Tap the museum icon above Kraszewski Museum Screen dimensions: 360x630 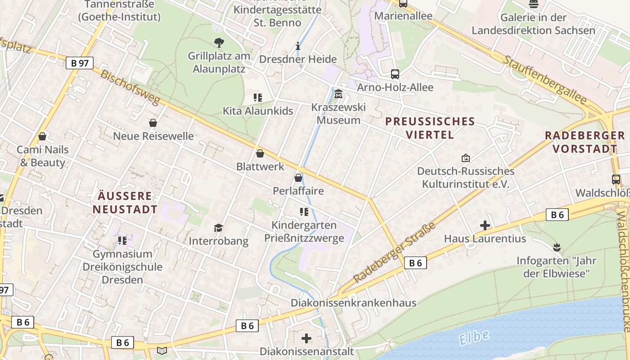point(338,94)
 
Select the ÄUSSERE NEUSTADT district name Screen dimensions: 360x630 point(125,202)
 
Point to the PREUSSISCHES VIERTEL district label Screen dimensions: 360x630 point(430,128)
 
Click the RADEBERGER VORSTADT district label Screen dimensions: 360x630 point(585,142)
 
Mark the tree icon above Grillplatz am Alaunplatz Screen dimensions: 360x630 point(219,43)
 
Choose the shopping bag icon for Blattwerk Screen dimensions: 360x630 point(260,153)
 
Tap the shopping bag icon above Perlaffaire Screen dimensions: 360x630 point(298,178)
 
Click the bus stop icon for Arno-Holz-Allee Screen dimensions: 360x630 point(395,74)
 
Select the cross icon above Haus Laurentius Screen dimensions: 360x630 point(485,225)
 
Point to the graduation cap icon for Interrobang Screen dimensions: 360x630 point(218,228)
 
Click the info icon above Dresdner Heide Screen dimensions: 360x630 point(297,46)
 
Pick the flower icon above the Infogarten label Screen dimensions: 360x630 point(557,247)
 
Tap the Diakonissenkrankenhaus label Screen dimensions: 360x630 point(353,303)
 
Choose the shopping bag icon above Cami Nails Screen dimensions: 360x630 point(42,136)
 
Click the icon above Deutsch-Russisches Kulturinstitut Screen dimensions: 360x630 point(465,158)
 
